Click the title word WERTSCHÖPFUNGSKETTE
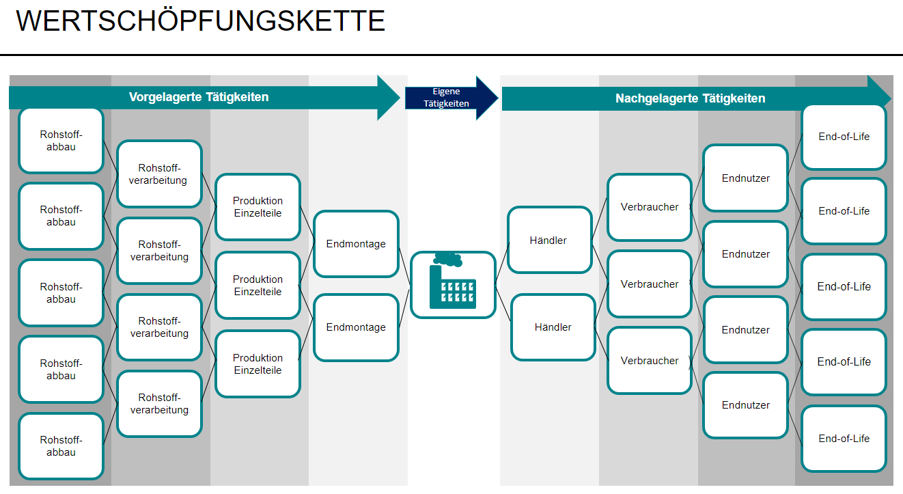[201, 21]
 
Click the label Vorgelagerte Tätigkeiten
[199, 97]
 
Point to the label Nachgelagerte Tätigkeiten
[690, 98]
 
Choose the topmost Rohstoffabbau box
[61, 141]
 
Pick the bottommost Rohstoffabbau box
[61, 446]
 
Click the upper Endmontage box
[356, 244]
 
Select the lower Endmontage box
[356, 327]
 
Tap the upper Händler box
[549, 241]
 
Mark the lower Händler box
[553, 327]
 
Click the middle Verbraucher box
[650, 284]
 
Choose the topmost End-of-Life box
[844, 137]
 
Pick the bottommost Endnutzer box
[745, 405]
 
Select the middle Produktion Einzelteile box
[258, 286]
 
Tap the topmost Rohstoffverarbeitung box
[159, 174]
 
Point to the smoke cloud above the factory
[447, 259]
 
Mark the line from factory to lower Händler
[503, 305]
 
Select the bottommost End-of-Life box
[844, 439]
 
